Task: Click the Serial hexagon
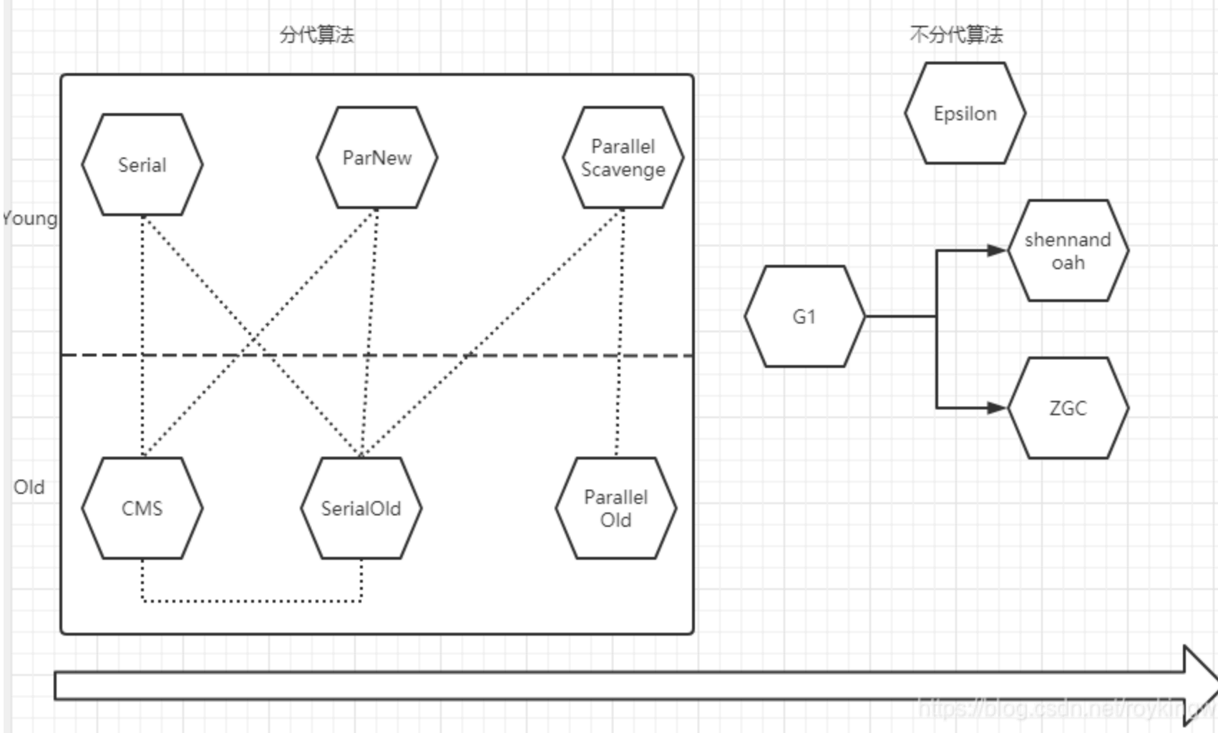142,165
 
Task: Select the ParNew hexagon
377,157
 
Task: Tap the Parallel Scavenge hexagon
623,157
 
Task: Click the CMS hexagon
142,508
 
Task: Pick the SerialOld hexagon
361,508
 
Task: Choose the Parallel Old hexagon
615,508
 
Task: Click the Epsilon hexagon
965,113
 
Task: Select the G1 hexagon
804,316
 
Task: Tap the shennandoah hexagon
1068,251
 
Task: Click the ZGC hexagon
1068,408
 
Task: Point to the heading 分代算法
316,34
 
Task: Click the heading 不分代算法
956,34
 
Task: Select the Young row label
30,218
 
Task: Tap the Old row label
29,487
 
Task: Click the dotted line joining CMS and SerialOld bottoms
250,601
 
